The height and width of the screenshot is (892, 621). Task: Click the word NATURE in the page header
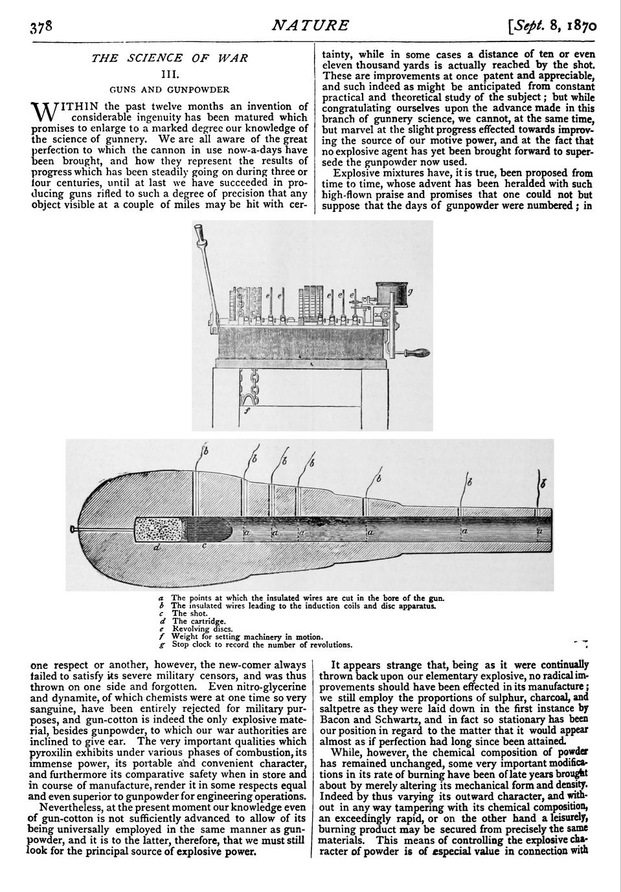coord(310,26)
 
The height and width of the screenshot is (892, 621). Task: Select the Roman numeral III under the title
coord(170,74)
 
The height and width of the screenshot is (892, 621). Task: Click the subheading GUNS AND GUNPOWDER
coord(170,89)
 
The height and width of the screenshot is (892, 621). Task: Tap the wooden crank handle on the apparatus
coord(415,353)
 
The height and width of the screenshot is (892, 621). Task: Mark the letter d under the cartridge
coord(156,547)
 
